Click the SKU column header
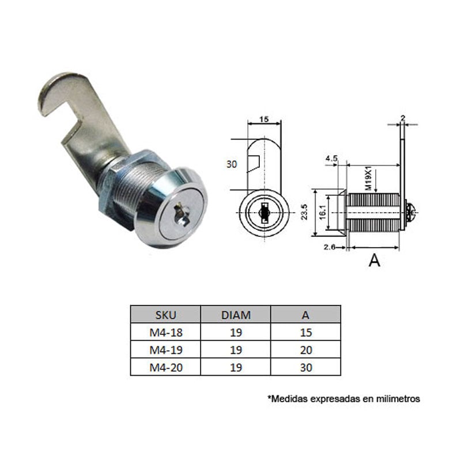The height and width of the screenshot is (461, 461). tap(165, 315)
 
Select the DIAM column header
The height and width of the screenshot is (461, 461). tap(236, 315)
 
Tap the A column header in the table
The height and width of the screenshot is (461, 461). tap(305, 315)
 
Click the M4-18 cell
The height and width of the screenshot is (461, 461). tap(165, 332)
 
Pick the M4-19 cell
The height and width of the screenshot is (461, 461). tap(165, 350)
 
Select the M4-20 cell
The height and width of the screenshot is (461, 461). tap(165, 367)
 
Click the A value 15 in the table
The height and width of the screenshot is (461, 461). tap(305, 332)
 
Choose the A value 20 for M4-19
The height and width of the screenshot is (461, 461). tap(305, 350)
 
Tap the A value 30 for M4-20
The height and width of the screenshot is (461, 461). tap(305, 367)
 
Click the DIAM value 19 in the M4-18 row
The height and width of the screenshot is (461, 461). tap(236, 332)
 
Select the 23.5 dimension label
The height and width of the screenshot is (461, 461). tap(306, 212)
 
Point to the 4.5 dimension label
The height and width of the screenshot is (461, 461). tap(331, 157)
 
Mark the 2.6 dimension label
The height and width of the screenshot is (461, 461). tap(330, 248)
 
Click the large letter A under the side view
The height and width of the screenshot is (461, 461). tap(375, 261)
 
